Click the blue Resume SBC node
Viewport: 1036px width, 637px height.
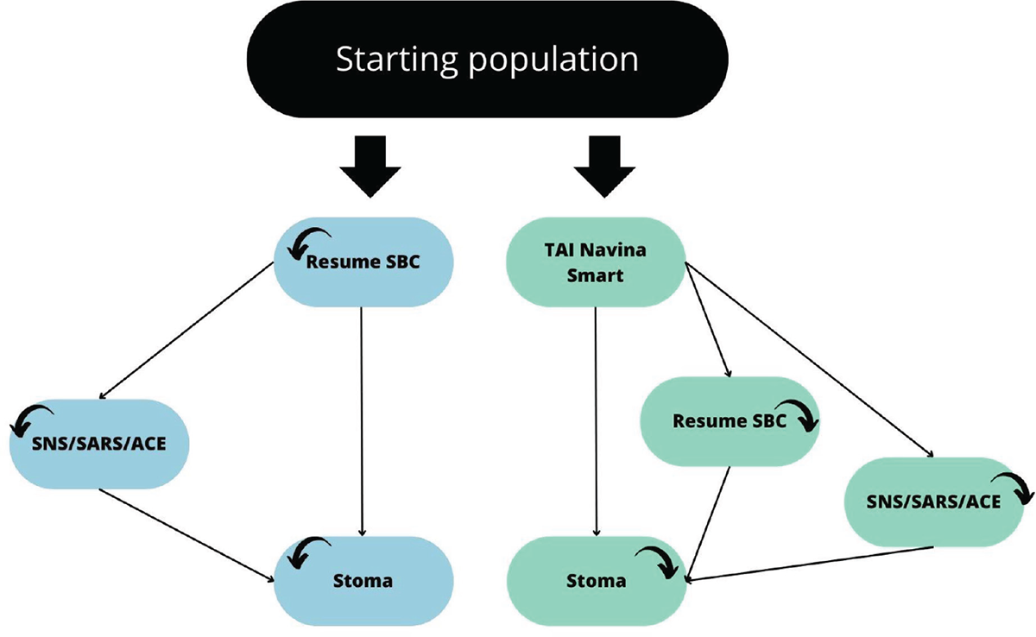362,262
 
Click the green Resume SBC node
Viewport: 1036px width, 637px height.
730,421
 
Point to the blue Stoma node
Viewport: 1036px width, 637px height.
363,579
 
